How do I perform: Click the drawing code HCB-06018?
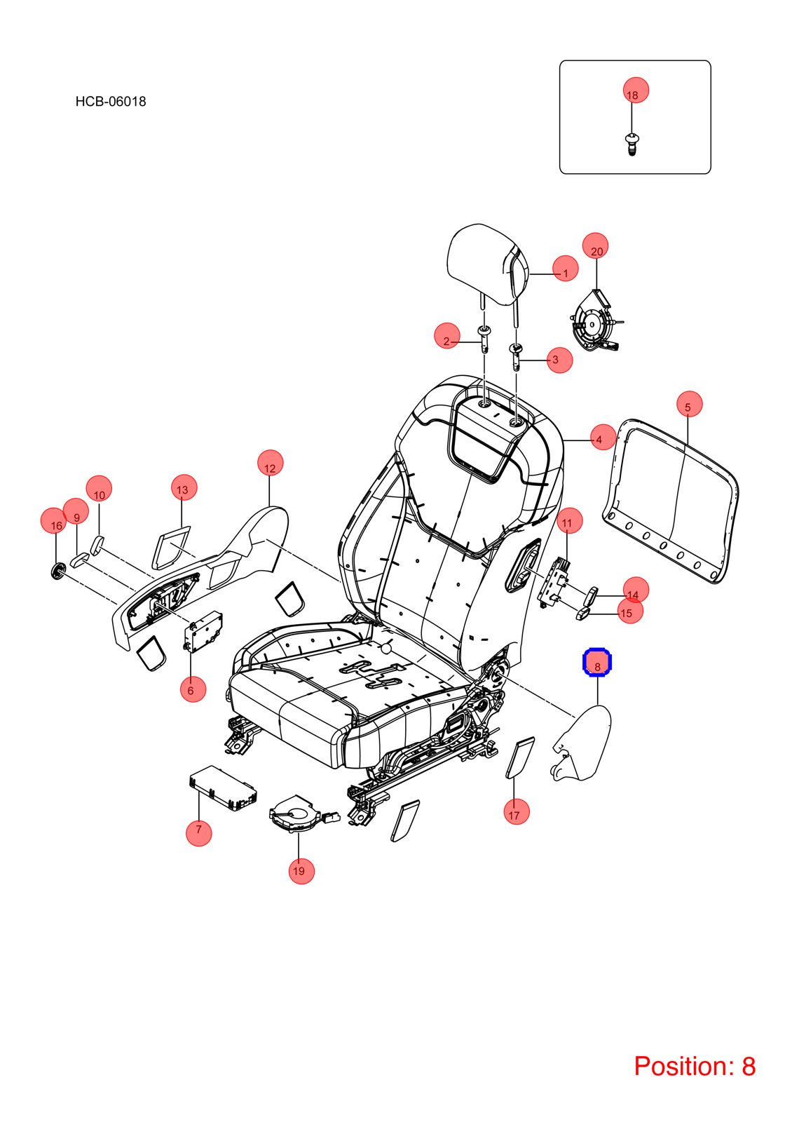pyautogui.click(x=111, y=102)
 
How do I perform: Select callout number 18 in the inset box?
pyautogui.click(x=636, y=90)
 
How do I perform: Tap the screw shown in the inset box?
pyautogui.click(x=633, y=144)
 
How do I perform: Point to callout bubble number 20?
pyautogui.click(x=595, y=246)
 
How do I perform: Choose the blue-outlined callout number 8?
pyautogui.click(x=597, y=662)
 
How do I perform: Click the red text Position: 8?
pyautogui.click(x=695, y=1066)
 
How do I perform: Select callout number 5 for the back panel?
pyautogui.click(x=690, y=404)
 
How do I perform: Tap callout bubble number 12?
pyautogui.click(x=271, y=463)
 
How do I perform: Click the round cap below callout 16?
pyautogui.click(x=59, y=571)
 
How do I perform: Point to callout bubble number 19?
pyautogui.click(x=302, y=871)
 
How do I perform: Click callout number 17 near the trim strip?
pyautogui.click(x=517, y=811)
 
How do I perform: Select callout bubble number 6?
pyautogui.click(x=193, y=689)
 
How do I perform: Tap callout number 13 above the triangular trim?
pyautogui.click(x=184, y=488)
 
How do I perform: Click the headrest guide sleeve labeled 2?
pyautogui.click(x=484, y=339)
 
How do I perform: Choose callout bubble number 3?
pyautogui.click(x=560, y=360)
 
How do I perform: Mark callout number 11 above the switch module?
pyautogui.click(x=569, y=521)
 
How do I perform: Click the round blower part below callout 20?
pyautogui.click(x=596, y=321)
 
